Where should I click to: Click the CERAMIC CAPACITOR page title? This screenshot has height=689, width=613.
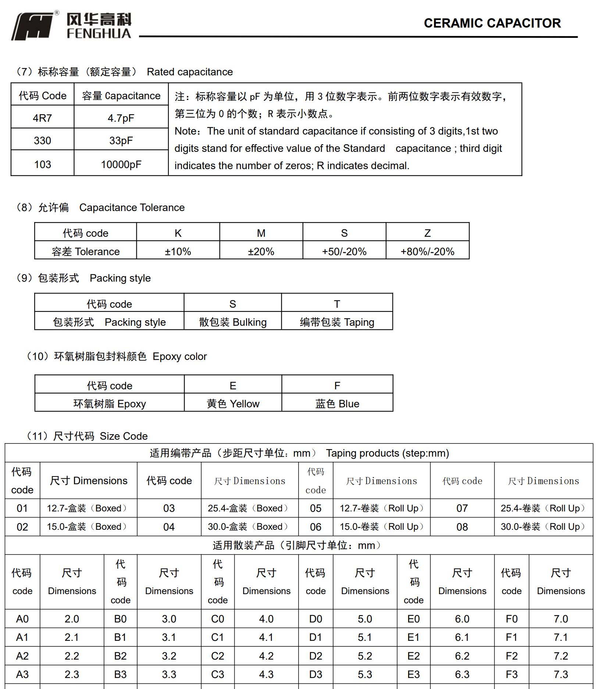tap(492, 23)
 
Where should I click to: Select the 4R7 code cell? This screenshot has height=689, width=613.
tap(42, 118)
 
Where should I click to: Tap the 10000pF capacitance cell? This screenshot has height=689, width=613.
tap(121, 164)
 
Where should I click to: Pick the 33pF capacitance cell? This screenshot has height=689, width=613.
tap(121, 140)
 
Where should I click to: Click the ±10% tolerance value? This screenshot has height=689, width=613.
tap(178, 251)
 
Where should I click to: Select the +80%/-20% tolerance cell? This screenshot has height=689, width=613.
tap(427, 251)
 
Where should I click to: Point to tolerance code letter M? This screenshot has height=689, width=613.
tap(261, 233)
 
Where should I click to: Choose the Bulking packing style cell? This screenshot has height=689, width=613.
tap(232, 322)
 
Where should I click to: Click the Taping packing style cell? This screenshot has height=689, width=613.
tap(337, 322)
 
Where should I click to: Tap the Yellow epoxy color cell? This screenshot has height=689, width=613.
tap(233, 404)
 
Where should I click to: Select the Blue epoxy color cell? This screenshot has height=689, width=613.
tap(337, 404)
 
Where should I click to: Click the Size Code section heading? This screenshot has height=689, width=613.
tap(88, 436)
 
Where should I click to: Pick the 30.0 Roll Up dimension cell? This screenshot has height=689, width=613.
tap(543, 527)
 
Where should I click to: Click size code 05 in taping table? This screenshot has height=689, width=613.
tap(316, 508)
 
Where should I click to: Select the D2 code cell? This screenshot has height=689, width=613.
tap(316, 656)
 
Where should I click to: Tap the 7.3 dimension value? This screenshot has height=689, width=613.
tap(561, 674)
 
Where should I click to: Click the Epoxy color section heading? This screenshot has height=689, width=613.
tap(117, 356)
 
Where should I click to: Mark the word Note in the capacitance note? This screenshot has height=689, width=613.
tap(186, 131)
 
